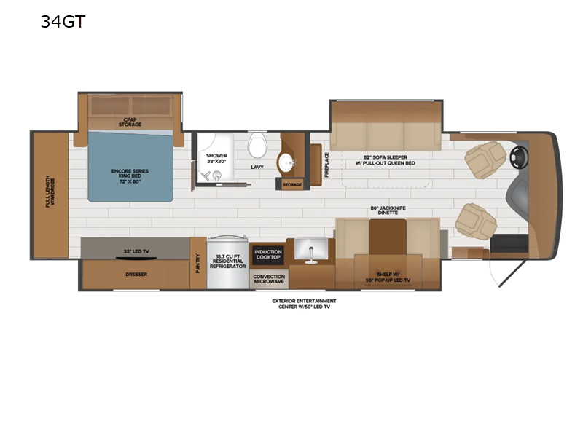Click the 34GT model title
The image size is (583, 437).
coord(63,21)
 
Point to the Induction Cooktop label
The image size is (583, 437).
coord(268,255)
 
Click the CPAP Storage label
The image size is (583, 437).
coord(130,122)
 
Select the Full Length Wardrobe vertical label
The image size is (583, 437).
coord(49,192)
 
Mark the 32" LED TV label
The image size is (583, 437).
coord(136,251)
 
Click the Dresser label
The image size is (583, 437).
coord(136,275)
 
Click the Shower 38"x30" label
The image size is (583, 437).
coord(216,159)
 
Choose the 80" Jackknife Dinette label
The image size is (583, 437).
coord(387,212)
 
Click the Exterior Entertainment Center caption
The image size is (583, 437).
coord(304,303)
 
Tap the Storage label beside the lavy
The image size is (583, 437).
coord(293,185)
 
